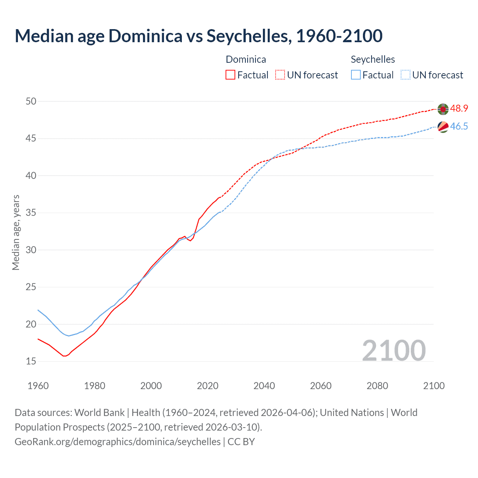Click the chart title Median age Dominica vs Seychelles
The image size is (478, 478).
tap(198, 36)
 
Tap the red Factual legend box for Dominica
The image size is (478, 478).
tap(230, 75)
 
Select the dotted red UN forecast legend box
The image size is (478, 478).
tap(280, 75)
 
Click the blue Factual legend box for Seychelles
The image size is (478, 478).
tap(356, 75)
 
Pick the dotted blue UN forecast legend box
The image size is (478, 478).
tap(406, 75)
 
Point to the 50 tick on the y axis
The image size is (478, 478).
tap(31, 101)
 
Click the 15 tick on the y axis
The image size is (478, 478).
tap(31, 361)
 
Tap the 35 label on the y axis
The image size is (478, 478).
tap(31, 213)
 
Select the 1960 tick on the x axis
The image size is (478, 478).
tap(38, 386)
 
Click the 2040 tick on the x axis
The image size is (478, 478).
tap(264, 386)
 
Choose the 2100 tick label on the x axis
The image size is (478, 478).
tap(434, 386)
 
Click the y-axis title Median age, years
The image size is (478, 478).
tap(16, 232)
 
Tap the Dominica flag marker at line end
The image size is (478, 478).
tap(443, 109)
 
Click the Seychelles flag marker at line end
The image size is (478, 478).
tap(443, 127)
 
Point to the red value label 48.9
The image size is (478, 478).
tap(459, 109)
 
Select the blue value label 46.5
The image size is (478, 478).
tap(459, 127)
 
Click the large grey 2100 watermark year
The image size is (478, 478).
tap(394, 350)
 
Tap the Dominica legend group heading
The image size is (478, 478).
tap(246, 59)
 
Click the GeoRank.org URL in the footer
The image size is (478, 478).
tap(118, 442)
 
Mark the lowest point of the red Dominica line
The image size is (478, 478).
tap(64, 356)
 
